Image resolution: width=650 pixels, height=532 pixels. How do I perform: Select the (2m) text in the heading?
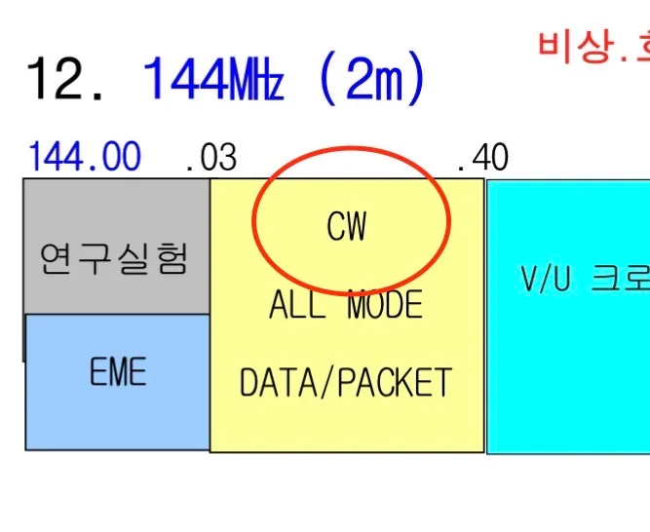pyautogui.click(x=371, y=81)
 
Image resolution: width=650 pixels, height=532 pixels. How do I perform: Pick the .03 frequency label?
pyautogui.click(x=210, y=157)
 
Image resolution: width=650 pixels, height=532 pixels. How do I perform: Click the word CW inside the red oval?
pyautogui.click(x=347, y=227)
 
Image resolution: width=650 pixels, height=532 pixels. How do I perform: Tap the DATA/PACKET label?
pyautogui.click(x=346, y=382)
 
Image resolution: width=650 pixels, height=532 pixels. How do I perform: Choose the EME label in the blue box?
pyautogui.click(x=117, y=372)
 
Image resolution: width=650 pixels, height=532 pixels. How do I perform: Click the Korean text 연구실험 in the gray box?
pyautogui.click(x=114, y=258)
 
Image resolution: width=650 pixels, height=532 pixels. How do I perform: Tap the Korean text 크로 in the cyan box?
pyautogui.click(x=625, y=280)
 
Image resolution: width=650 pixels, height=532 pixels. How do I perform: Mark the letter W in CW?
pyautogui.click(x=357, y=227)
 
